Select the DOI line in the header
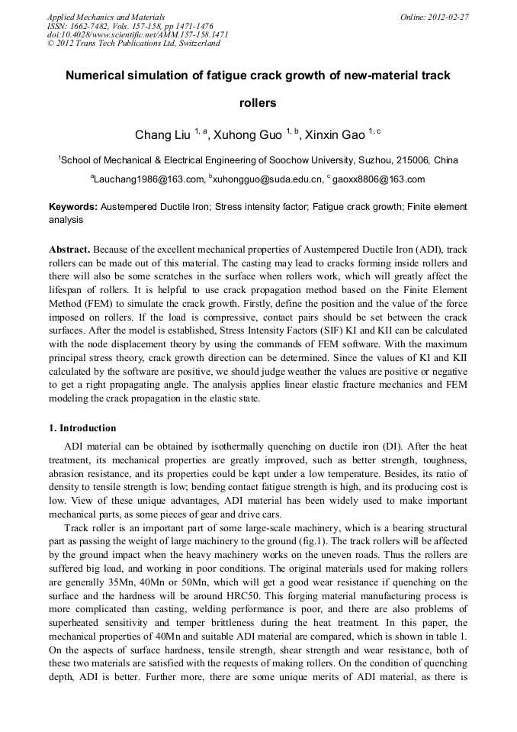click(x=137, y=35)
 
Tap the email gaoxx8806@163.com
click(x=378, y=180)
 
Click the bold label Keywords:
click(x=73, y=207)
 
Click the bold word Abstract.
click(x=69, y=250)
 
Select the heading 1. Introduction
click(x=82, y=428)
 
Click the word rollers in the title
click(x=258, y=103)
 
